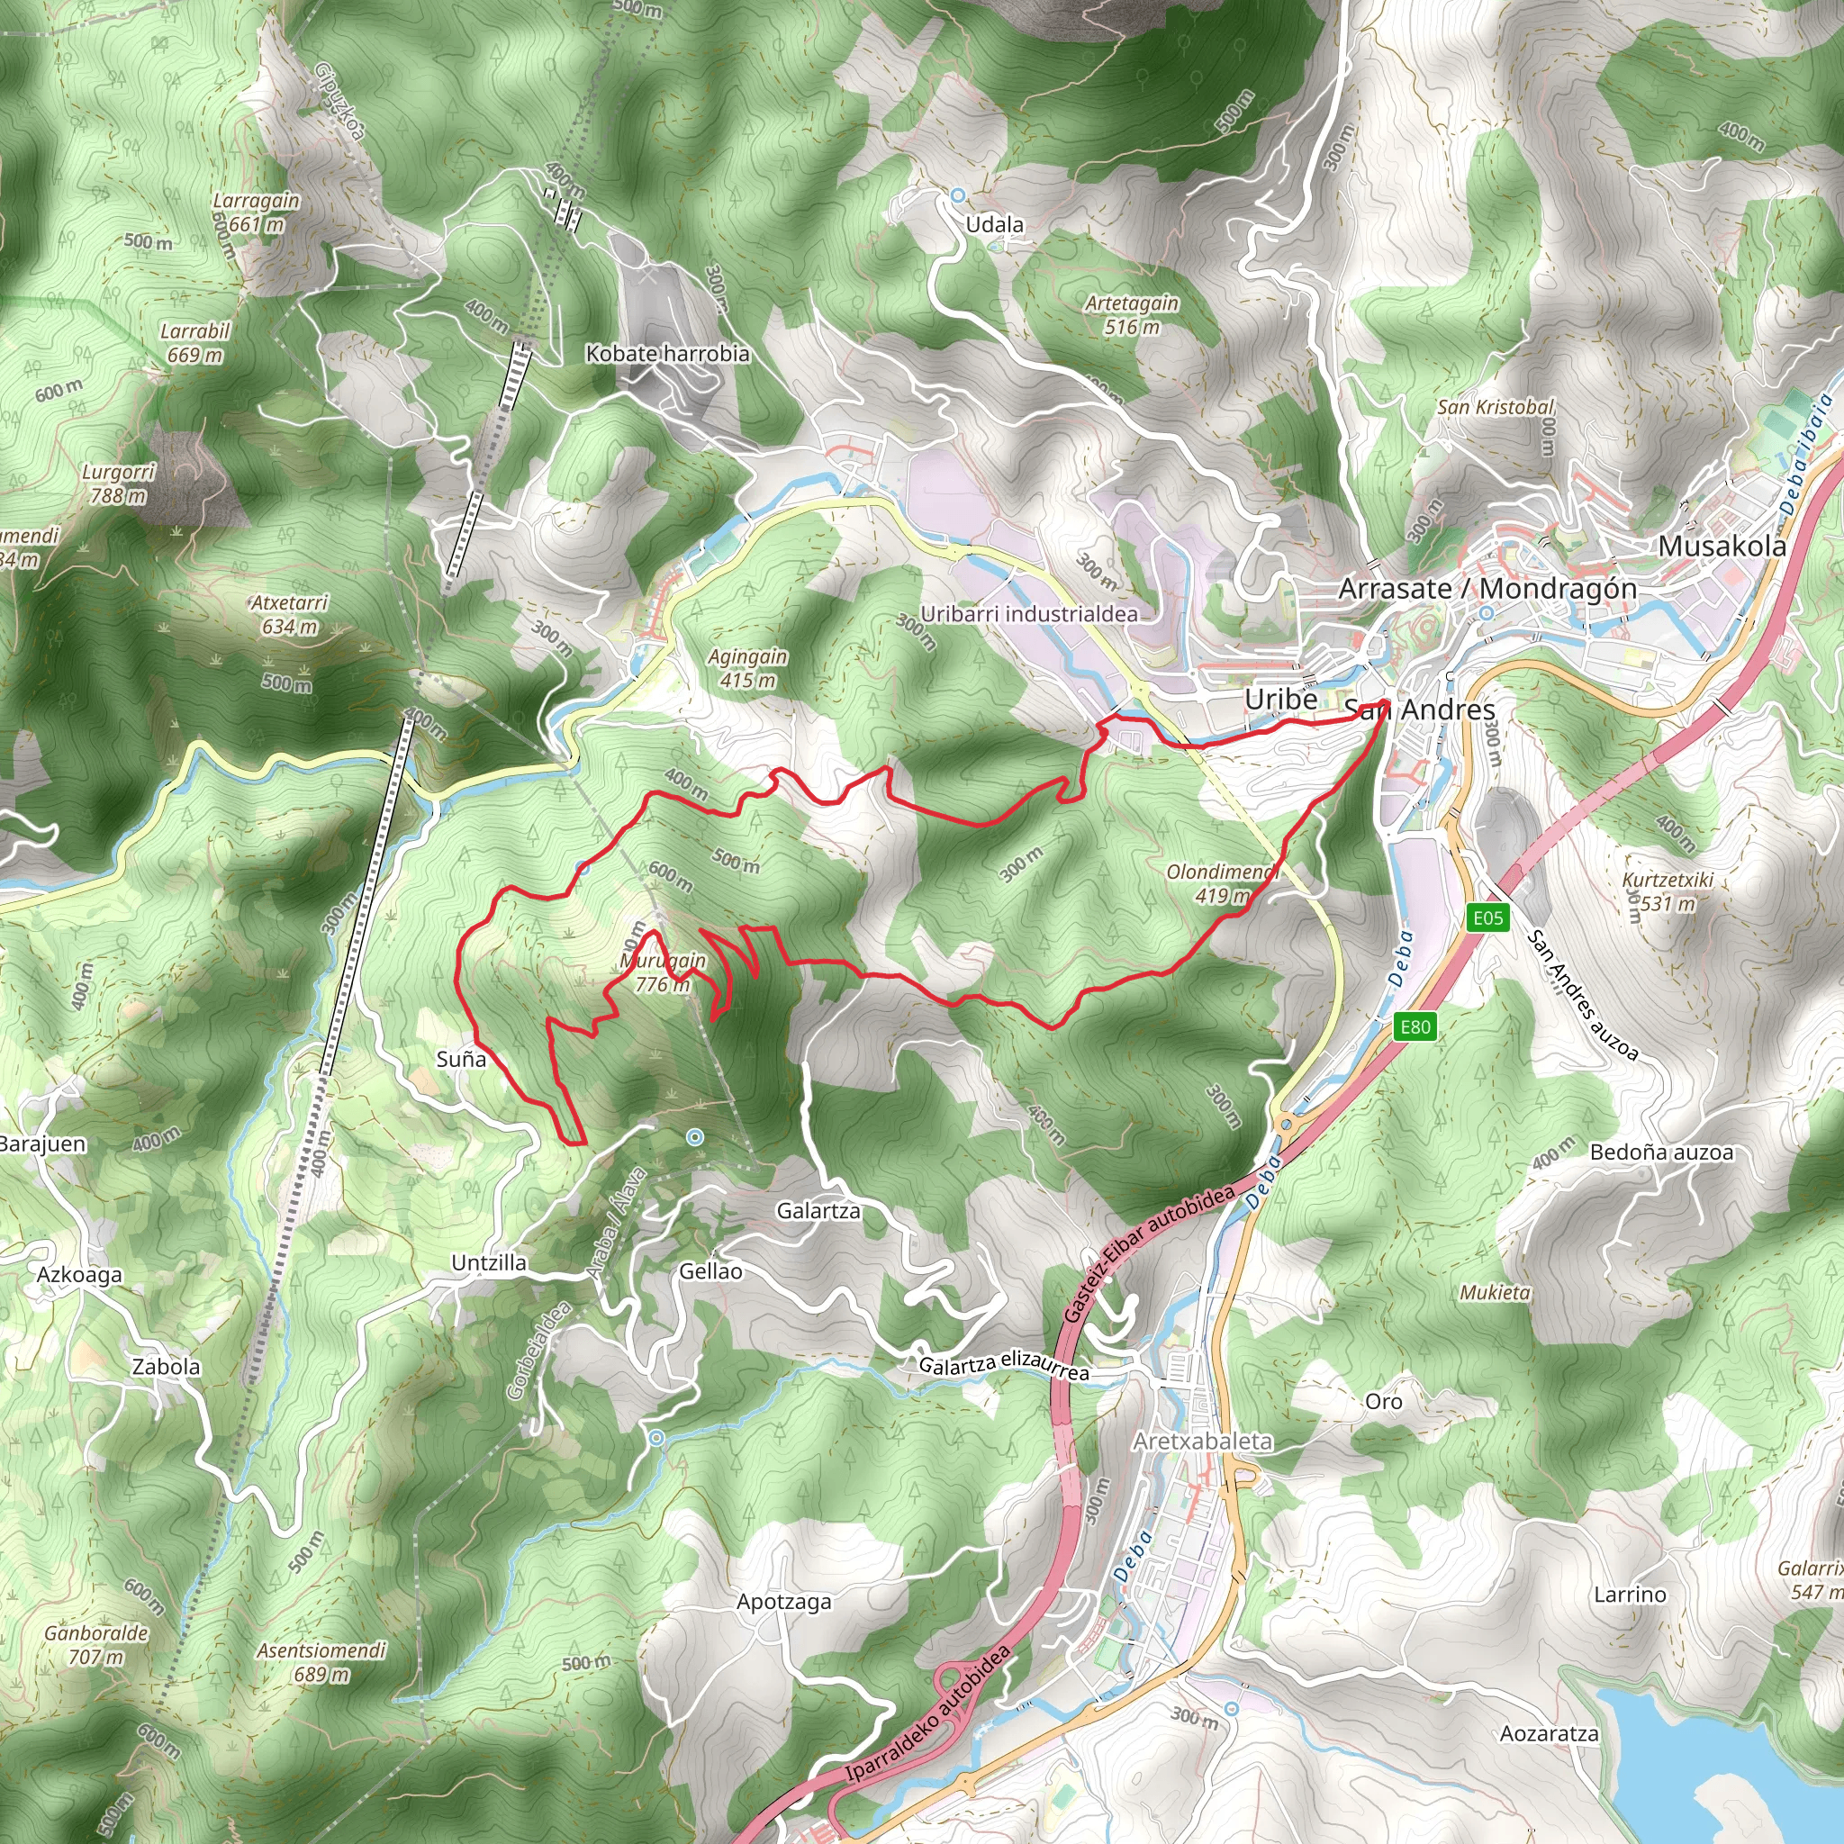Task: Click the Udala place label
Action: [995, 225]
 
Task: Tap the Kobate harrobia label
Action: [667, 354]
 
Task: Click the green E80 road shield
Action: [1415, 1027]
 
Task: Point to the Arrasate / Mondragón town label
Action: [1487, 589]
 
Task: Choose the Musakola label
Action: [1722, 546]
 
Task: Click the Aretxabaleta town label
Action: [1203, 1442]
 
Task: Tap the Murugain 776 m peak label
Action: [663, 972]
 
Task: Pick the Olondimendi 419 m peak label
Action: [1222, 884]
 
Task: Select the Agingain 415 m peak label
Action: [747, 668]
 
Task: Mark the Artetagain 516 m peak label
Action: [1132, 315]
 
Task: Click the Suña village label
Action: [461, 1059]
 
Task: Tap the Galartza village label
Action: [818, 1211]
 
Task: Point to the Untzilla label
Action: [489, 1262]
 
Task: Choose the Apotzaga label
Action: [783, 1602]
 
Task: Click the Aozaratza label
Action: [1549, 1732]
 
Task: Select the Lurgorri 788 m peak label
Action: [118, 483]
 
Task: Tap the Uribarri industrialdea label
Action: [1029, 614]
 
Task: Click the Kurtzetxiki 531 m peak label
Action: [1668, 890]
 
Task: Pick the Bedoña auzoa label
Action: [1660, 1152]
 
